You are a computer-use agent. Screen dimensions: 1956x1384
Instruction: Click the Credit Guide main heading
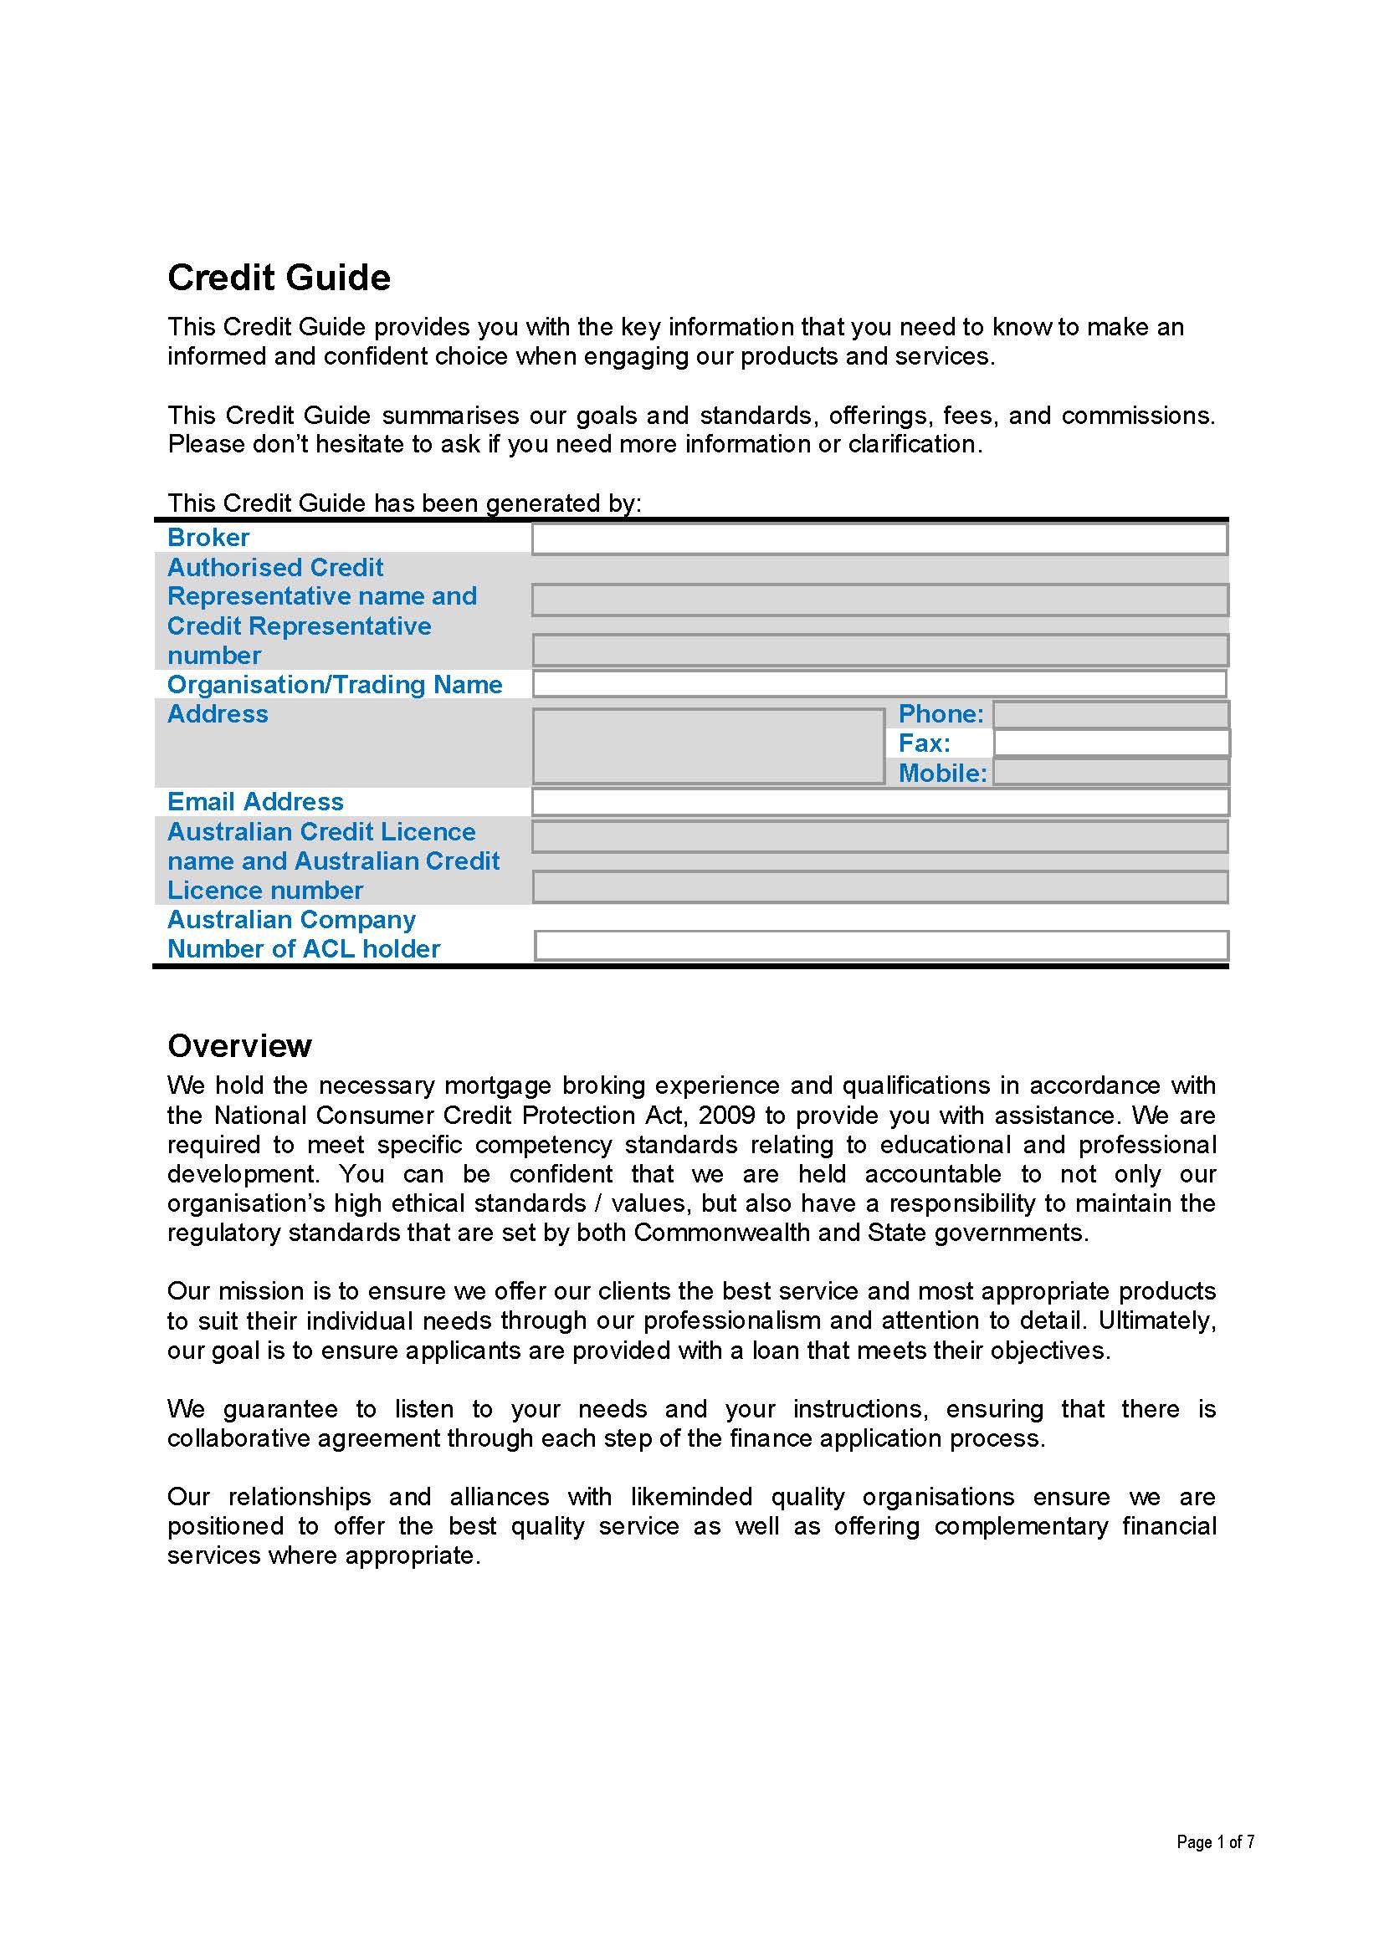279,278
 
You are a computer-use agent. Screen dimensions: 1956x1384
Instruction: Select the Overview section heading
239,1045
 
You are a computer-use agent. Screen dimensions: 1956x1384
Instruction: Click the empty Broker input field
879,539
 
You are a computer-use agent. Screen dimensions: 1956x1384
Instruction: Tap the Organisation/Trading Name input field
879,684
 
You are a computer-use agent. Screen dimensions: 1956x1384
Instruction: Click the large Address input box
707,746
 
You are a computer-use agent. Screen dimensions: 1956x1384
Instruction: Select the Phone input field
1110,714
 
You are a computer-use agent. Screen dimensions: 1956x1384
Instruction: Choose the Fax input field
1110,743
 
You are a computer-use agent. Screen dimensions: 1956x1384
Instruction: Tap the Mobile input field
1110,773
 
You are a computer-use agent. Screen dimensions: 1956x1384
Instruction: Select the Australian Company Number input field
880,946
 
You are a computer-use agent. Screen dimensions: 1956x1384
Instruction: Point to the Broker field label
208,538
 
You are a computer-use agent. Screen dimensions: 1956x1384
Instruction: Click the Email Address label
255,802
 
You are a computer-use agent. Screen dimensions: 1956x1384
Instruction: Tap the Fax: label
924,743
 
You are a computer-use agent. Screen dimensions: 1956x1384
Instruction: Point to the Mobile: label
941,773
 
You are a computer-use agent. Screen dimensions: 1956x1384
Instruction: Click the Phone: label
940,714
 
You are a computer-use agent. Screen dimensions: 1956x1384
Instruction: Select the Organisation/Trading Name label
334,685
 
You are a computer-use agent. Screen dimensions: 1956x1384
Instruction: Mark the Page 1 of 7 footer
1215,1841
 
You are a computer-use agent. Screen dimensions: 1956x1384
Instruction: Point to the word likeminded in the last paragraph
691,1497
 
